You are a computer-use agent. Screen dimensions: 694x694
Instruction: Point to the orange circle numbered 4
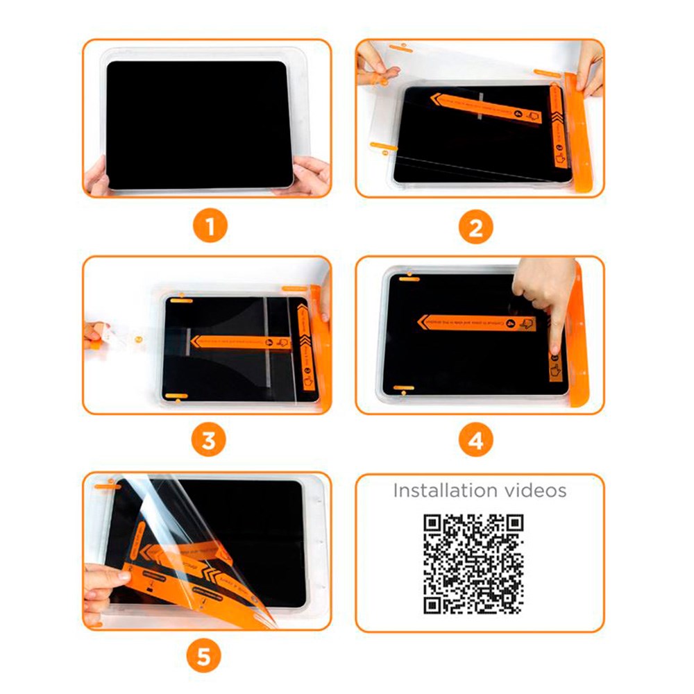coord(476,441)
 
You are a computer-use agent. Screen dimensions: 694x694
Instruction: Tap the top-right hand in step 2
coord(589,66)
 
